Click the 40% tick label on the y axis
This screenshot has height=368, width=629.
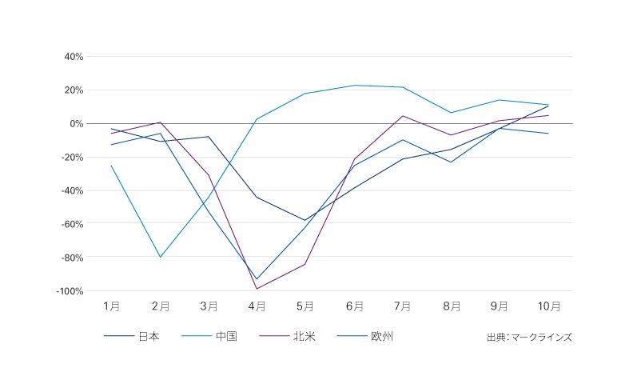pos(74,57)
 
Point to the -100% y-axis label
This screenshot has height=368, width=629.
pos(70,291)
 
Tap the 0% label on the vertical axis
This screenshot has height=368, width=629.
pos(77,124)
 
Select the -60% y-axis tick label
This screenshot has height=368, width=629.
pos(71,224)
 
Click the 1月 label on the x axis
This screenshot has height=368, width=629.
pos(112,306)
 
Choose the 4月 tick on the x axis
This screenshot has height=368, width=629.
pos(257,306)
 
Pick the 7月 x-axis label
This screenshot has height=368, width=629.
pos(402,306)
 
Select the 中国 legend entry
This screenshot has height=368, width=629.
pos(226,337)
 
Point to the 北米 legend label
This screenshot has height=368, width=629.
pos(304,337)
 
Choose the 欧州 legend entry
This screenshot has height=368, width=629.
pos(382,337)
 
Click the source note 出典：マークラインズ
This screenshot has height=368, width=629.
pos(529,338)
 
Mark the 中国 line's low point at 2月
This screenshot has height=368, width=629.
pos(161,257)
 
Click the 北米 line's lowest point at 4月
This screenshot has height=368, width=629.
pos(257,289)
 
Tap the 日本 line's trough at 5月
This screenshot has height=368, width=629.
pos(305,220)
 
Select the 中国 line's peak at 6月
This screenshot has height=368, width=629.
pos(354,86)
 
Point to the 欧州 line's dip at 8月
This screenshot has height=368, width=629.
pos(452,162)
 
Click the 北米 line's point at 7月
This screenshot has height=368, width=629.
pos(403,116)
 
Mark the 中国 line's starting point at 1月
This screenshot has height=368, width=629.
pos(112,166)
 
